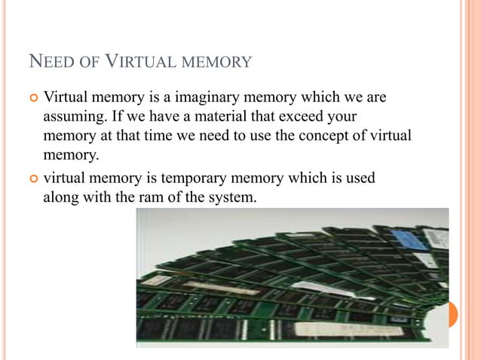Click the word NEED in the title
47,61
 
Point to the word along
62,199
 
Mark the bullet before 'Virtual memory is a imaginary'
32,99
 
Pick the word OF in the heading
90,62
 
